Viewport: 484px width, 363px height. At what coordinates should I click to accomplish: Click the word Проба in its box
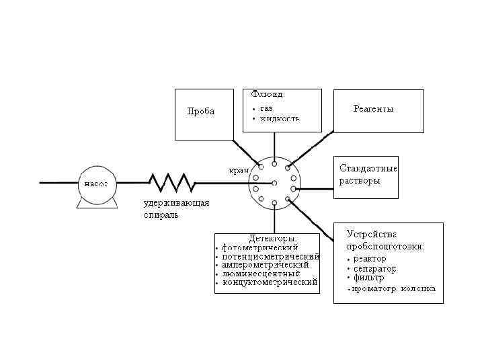[x=201, y=112]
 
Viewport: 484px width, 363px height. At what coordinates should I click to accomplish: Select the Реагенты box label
[x=373, y=109]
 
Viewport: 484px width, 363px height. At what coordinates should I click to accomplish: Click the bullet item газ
[x=266, y=108]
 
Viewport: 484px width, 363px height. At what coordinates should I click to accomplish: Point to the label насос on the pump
[x=95, y=182]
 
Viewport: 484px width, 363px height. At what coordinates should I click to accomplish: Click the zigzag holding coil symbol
[x=171, y=182]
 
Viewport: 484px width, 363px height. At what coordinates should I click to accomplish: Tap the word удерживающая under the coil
[x=177, y=204]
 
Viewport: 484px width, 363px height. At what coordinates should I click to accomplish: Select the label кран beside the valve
[x=239, y=171]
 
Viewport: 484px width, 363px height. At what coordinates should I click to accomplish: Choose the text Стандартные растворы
[x=368, y=174]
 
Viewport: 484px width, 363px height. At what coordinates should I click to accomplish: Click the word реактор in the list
[x=366, y=258]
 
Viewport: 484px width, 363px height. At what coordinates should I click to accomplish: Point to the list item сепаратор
[x=372, y=268]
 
